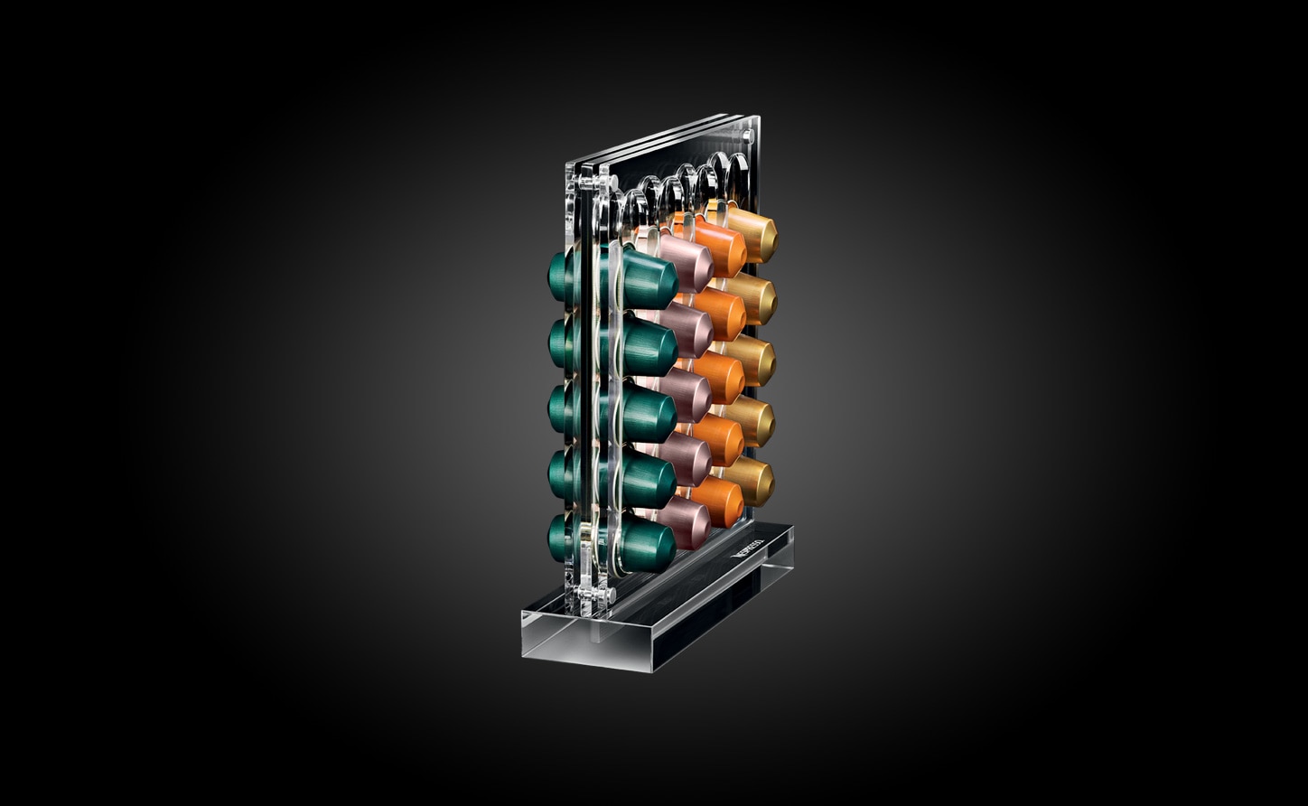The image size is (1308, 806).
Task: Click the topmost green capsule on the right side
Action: click(x=649, y=278)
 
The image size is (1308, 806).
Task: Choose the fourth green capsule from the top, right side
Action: click(x=649, y=479)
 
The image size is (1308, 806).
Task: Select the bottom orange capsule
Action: click(x=721, y=501)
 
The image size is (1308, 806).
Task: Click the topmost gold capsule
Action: click(x=753, y=234)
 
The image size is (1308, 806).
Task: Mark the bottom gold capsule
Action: click(x=752, y=480)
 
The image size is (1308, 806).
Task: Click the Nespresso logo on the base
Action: click(x=749, y=548)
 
